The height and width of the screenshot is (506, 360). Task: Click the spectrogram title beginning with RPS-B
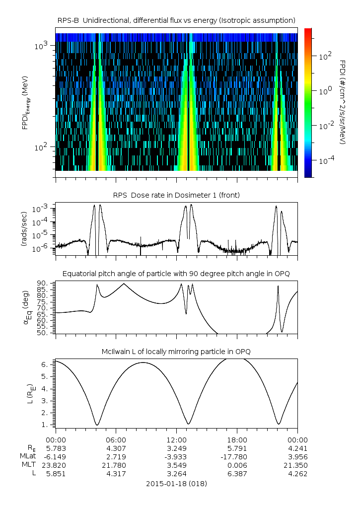click(x=176, y=20)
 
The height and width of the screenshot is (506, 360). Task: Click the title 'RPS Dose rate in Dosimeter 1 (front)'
click(x=176, y=195)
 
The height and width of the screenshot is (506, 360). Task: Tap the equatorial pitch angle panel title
click(x=176, y=274)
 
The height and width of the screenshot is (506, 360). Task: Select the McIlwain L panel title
click(x=176, y=352)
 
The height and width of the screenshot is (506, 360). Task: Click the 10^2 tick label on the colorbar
click(x=325, y=57)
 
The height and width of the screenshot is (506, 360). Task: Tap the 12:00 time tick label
click(x=176, y=439)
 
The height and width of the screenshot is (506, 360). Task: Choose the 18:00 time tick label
click(x=237, y=439)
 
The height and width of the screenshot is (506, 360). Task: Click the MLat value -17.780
click(x=237, y=456)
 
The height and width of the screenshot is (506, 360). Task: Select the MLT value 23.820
click(x=55, y=465)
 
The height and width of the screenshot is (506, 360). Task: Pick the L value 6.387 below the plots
click(x=237, y=473)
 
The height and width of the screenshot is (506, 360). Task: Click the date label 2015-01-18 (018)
click(x=176, y=483)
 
